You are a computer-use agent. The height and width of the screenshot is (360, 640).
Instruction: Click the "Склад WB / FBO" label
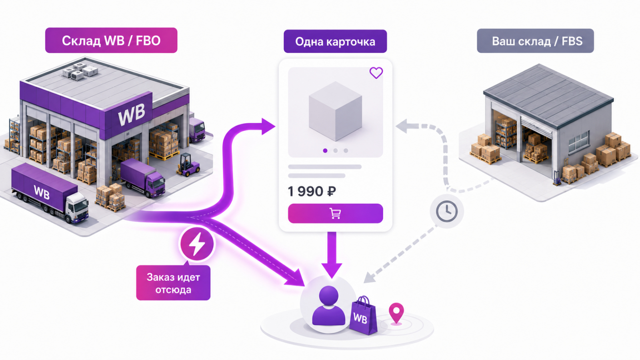click(111, 40)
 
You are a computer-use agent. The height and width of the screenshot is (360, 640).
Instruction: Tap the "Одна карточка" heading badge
click(335, 42)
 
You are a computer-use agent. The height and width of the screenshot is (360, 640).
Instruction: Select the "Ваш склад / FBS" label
click(535, 41)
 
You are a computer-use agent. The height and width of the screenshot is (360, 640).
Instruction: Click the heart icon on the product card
click(376, 72)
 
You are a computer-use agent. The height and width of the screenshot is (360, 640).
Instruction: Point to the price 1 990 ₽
click(312, 191)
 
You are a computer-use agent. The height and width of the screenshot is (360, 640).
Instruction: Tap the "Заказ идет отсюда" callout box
click(173, 283)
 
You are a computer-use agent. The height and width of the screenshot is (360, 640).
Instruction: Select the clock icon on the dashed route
click(447, 212)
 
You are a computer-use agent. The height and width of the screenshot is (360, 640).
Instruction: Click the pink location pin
click(396, 314)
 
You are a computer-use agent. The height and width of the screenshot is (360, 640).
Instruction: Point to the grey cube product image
click(336, 111)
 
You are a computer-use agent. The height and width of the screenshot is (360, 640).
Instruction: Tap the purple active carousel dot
click(325, 150)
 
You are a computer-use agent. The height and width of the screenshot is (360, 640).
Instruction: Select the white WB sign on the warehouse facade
click(131, 114)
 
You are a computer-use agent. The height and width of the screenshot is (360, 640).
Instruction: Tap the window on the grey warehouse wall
click(579, 142)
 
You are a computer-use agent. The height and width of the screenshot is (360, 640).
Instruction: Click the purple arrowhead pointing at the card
click(268, 126)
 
